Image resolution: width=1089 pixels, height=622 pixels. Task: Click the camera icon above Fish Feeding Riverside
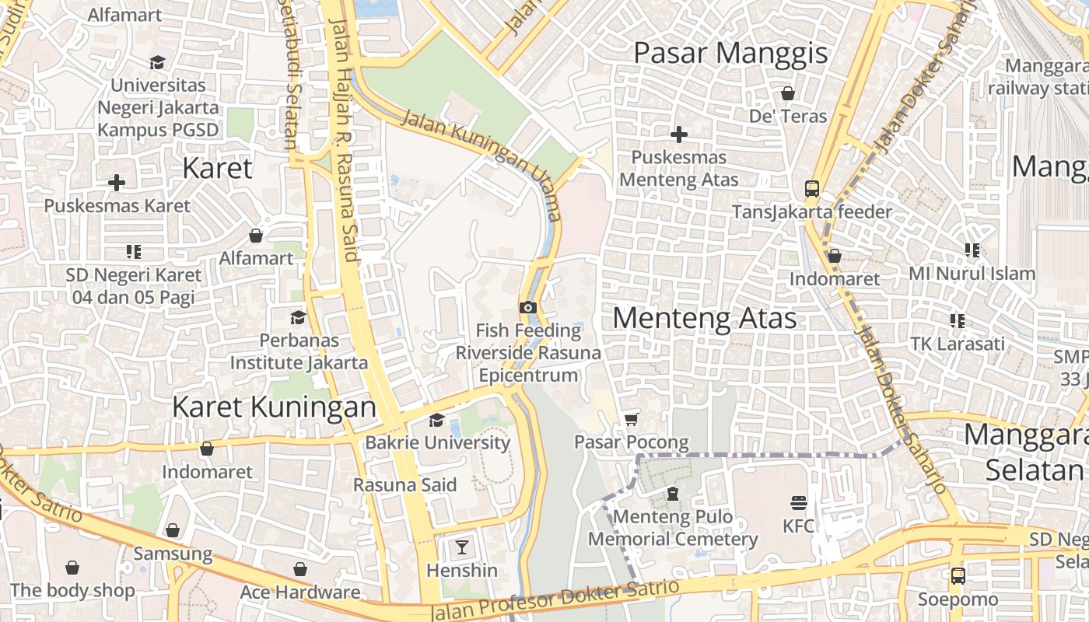pos(528,307)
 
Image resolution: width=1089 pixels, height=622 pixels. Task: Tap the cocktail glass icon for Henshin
pos(462,547)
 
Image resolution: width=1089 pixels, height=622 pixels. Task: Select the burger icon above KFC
pos(799,502)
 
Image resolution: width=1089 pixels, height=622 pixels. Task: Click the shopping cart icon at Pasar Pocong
pos(632,419)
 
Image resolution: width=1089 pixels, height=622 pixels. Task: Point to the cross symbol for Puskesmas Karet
pos(117,183)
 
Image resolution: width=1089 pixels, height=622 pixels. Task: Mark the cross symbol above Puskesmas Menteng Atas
pos(679,135)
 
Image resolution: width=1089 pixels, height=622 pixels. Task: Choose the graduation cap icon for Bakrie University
pos(437,420)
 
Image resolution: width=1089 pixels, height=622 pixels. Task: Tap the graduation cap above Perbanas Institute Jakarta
pos(298,317)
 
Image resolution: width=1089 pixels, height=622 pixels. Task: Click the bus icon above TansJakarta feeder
pos(812,188)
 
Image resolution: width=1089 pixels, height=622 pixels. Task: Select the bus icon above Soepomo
pos(958,576)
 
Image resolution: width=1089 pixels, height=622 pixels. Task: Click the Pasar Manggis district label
pos(730,54)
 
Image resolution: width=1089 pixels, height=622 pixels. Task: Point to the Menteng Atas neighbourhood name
pos(705,318)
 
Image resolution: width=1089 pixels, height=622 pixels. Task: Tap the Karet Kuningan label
pos(274,406)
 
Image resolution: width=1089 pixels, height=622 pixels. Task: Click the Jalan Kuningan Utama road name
pos(481,164)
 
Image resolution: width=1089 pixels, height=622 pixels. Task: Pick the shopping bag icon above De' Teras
pos(788,93)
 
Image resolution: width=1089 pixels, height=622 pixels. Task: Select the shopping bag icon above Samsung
pos(173,530)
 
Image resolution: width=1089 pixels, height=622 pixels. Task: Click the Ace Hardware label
pos(300,592)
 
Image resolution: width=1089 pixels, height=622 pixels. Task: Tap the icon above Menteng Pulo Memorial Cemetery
pos(673,494)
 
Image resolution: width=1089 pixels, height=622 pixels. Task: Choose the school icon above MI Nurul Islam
pos(972,250)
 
